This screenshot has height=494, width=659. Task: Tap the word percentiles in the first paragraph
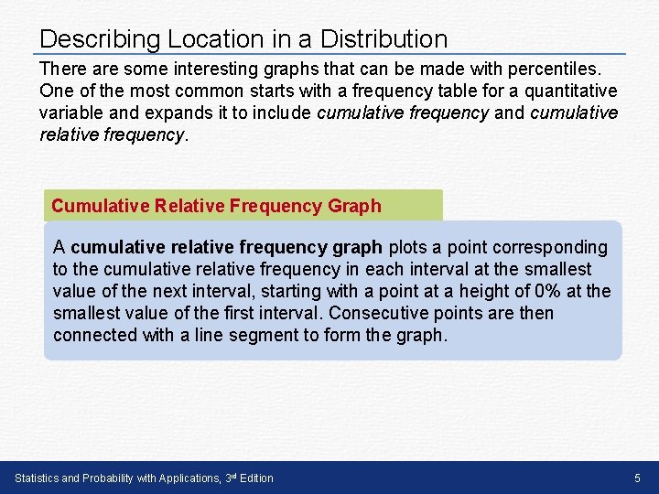point(556,70)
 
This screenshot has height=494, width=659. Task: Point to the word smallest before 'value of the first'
point(85,313)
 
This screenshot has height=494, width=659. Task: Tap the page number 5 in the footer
point(638,478)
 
